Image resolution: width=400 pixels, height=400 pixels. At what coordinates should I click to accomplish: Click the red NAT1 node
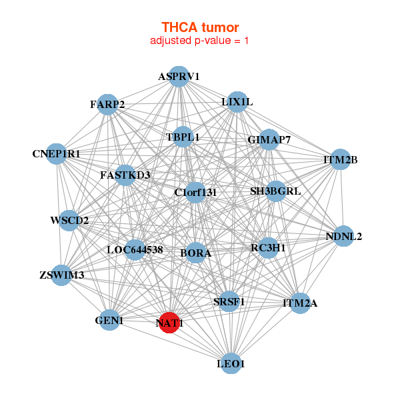(169, 323)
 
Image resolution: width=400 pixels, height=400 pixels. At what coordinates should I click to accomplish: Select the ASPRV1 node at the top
(178, 77)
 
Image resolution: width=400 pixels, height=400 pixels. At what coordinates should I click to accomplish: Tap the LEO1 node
(231, 363)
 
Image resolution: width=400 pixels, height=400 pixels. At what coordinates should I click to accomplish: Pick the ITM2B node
(341, 159)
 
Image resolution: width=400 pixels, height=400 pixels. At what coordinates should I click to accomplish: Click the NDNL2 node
(343, 236)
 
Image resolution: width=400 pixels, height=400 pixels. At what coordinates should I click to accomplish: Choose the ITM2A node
(300, 303)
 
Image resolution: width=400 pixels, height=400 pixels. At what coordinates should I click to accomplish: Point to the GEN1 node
(110, 321)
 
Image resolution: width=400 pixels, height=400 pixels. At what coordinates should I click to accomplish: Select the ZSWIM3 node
(63, 275)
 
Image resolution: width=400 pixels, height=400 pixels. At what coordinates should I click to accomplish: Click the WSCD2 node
(69, 220)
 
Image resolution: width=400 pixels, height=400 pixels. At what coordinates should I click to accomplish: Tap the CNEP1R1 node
(57, 153)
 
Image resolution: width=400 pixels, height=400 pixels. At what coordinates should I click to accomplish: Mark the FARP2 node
(107, 104)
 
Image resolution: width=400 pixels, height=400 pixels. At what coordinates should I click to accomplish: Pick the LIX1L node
(237, 102)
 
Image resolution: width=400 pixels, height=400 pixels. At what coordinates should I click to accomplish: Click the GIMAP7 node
(269, 140)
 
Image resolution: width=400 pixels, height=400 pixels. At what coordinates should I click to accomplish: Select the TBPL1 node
(183, 137)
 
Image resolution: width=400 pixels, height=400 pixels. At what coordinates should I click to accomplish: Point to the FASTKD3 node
(125, 175)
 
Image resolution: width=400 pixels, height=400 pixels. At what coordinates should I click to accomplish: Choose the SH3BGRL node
(275, 191)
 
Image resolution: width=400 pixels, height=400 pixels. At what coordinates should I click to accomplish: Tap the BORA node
(195, 253)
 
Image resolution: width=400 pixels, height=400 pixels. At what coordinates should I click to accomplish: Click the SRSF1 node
(229, 301)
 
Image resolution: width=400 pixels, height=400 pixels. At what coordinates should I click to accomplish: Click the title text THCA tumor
(200, 27)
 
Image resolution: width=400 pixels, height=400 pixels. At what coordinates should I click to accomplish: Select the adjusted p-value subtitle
(200, 41)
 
